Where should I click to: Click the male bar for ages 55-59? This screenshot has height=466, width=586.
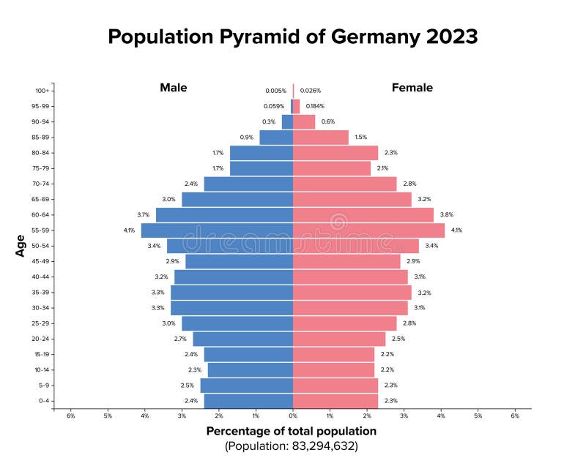(x=217, y=230)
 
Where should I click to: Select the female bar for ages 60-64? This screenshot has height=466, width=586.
(x=363, y=215)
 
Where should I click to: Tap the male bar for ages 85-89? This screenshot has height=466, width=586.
(x=276, y=138)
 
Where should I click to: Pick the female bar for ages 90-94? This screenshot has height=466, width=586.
(x=304, y=122)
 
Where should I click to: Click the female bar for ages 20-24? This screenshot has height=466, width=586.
(x=339, y=339)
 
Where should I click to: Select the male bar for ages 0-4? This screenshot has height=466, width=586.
(x=248, y=401)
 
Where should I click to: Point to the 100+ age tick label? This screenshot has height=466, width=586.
(x=42, y=91)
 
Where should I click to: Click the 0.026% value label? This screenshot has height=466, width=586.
(x=311, y=91)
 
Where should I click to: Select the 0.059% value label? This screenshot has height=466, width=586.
(x=275, y=106)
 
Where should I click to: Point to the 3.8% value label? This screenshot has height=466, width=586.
(x=446, y=215)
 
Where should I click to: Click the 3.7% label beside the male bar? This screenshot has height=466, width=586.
(x=143, y=215)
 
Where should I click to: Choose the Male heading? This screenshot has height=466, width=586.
(x=174, y=88)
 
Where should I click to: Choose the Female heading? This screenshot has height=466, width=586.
(x=412, y=88)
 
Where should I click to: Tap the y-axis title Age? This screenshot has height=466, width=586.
(x=21, y=246)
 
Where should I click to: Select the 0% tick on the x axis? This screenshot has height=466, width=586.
(x=293, y=416)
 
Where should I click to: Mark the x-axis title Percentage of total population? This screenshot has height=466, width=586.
(x=292, y=431)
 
